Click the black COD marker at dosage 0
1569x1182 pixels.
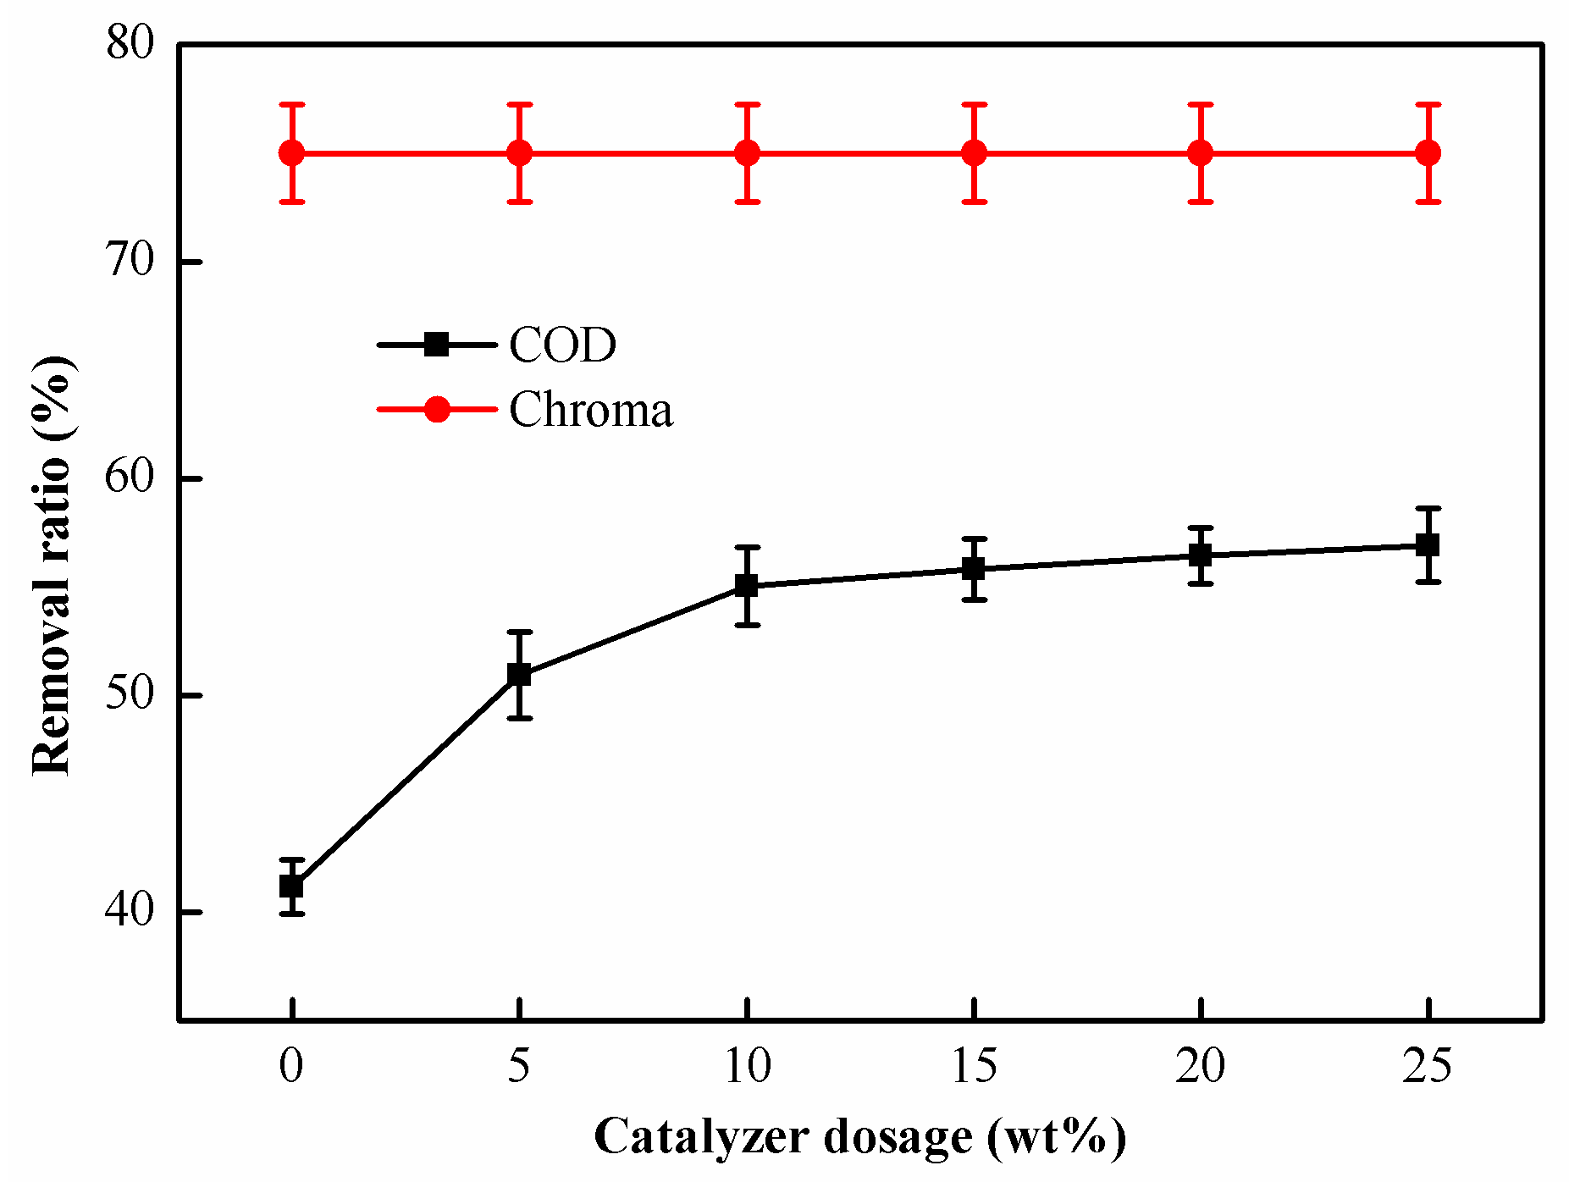tap(291, 886)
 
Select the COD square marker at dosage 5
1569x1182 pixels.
tap(519, 675)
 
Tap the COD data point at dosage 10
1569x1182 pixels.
tap(746, 585)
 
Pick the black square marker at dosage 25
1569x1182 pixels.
tap(1428, 545)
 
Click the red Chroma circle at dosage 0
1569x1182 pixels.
tap(291, 153)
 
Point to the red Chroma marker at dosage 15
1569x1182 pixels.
tap(974, 153)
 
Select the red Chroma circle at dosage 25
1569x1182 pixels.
tap(1428, 153)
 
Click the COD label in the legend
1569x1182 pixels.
tap(562, 345)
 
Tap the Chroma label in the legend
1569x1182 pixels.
tap(590, 410)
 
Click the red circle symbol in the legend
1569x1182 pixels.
tap(437, 409)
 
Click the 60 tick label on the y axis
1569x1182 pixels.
tap(130, 478)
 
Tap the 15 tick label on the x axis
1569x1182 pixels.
tap(974, 1066)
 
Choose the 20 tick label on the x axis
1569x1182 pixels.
tap(1201, 1066)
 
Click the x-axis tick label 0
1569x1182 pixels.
tap(291, 1066)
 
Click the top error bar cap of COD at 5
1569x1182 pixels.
tap(519, 632)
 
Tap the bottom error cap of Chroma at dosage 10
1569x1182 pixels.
tap(746, 202)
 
